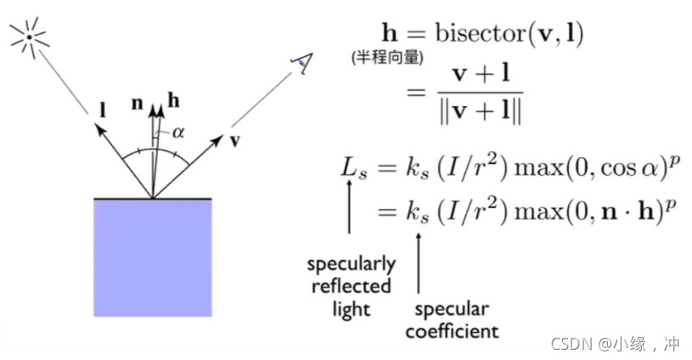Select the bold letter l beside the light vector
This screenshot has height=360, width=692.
pyautogui.click(x=102, y=109)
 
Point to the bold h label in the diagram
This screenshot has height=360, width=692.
pyautogui.click(x=173, y=102)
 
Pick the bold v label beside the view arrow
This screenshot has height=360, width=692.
pyautogui.click(x=235, y=140)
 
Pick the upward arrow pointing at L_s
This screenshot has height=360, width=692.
pyautogui.click(x=350, y=208)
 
